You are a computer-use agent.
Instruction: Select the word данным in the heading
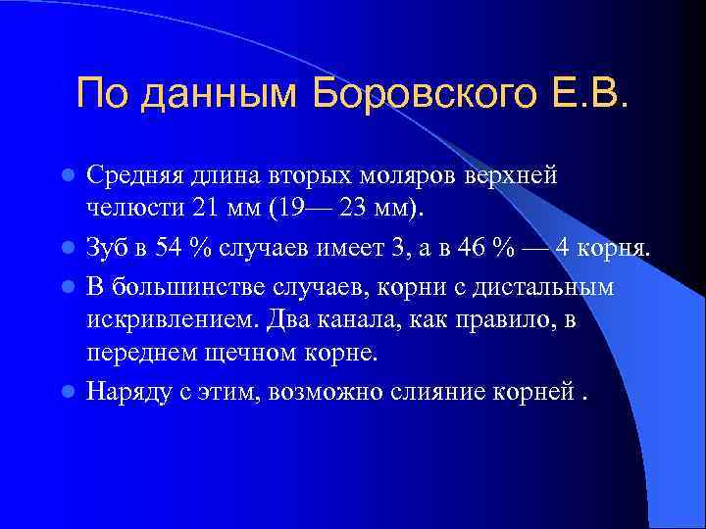coord(220,95)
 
